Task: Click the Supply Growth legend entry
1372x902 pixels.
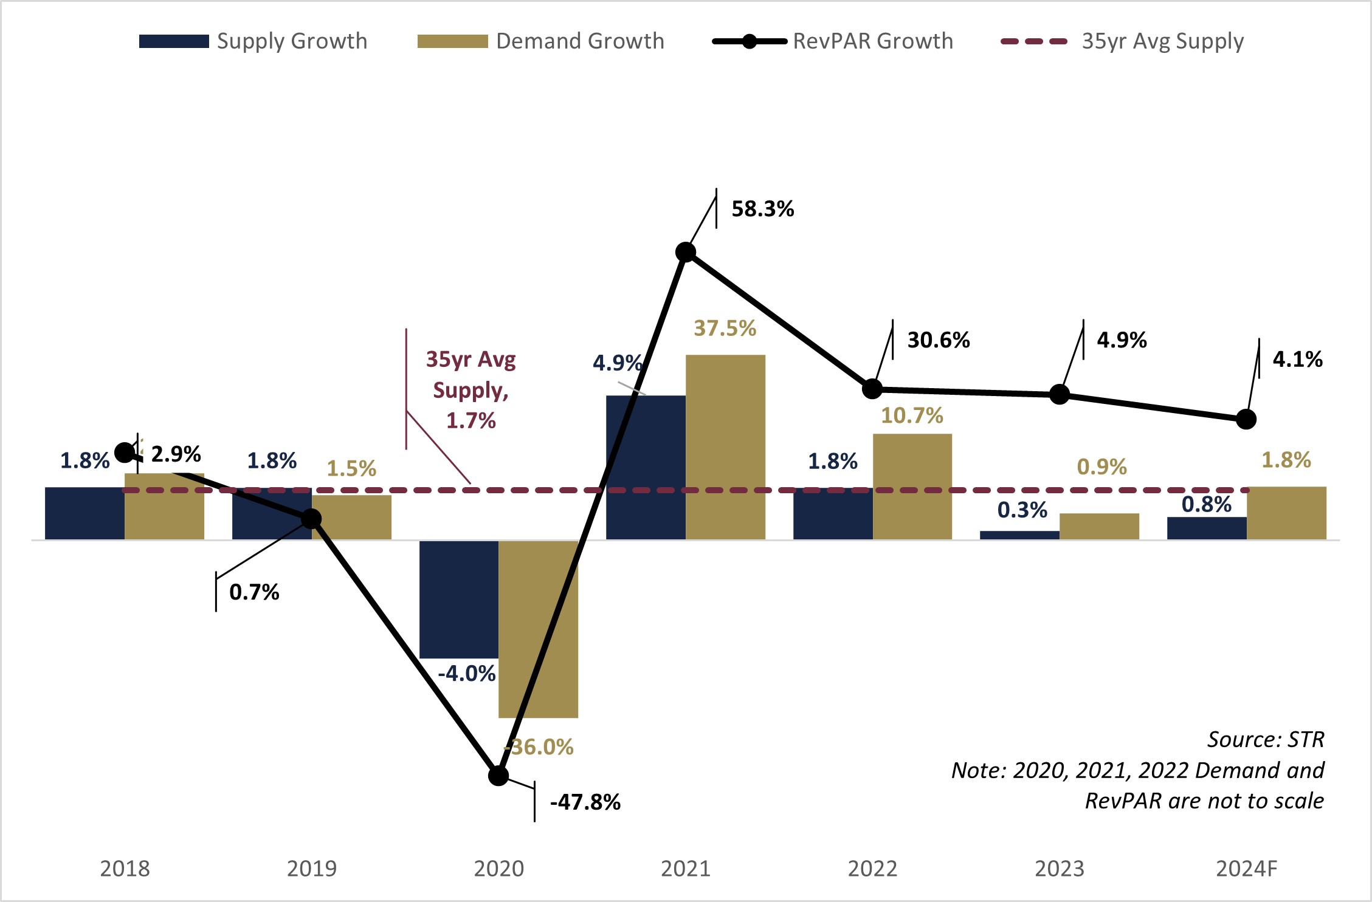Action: pos(253,41)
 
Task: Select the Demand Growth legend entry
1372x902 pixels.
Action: pos(540,41)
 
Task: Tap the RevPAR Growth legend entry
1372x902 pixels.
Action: pos(833,41)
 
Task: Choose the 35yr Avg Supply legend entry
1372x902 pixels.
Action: pos(1122,41)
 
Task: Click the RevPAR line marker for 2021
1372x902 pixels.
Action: pos(686,252)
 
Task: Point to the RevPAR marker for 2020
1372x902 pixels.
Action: pos(498,776)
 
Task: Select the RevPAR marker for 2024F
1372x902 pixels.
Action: pos(1246,419)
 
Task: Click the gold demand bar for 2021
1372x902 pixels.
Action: pos(725,447)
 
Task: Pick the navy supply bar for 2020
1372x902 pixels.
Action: pos(459,599)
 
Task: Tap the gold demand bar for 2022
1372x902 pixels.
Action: pos(912,487)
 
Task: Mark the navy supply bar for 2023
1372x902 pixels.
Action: pos(1019,535)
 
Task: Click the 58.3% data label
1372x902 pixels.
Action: pos(762,209)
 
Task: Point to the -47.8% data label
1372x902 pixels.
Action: pos(585,802)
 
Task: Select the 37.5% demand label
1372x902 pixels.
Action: pos(725,329)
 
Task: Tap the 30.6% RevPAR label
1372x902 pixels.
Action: pos(938,340)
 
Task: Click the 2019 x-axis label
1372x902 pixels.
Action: pos(312,869)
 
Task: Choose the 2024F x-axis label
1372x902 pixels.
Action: pos(1246,869)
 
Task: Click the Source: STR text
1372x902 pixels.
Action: pos(1265,739)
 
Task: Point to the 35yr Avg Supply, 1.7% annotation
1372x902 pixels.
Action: pos(471,390)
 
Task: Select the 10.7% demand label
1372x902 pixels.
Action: pos(912,415)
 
